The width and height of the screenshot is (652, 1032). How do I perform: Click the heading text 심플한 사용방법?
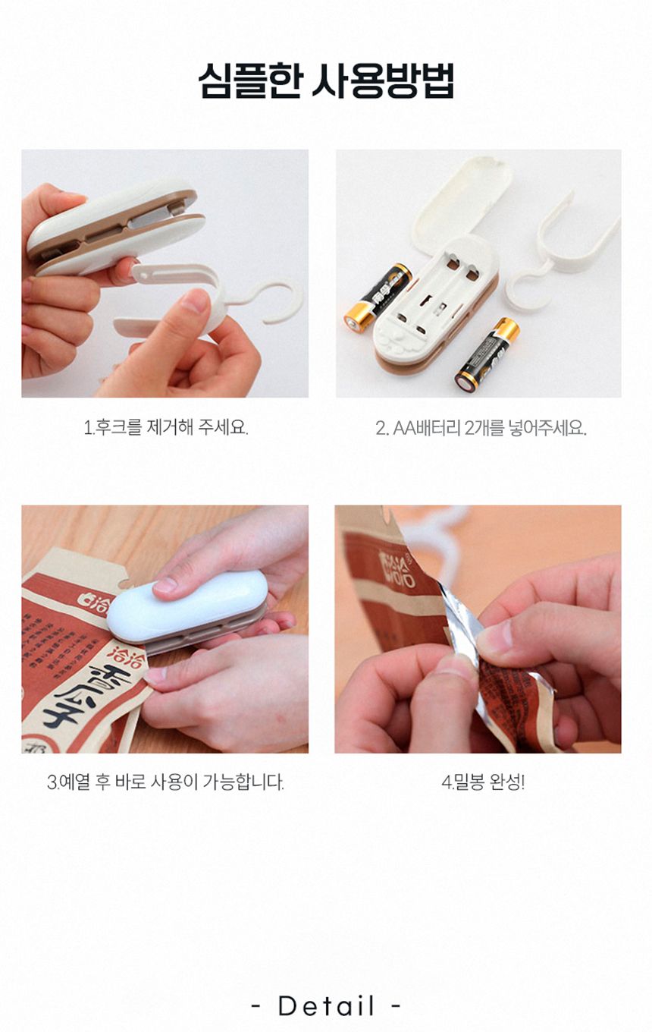[326, 81]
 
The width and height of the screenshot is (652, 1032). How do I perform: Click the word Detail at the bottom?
[326, 1006]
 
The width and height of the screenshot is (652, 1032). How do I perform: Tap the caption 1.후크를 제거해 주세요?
[165, 427]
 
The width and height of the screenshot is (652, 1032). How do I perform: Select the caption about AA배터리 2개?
[481, 428]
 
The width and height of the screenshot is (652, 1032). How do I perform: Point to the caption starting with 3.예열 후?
[165, 782]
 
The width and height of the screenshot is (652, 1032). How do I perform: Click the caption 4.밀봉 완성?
[483, 782]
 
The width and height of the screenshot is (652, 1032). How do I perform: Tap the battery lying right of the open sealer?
[486, 353]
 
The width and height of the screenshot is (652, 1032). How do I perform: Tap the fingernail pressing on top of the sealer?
[166, 585]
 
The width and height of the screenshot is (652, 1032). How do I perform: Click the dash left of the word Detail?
[256, 1007]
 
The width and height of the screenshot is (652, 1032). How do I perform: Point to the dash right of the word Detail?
[396, 1007]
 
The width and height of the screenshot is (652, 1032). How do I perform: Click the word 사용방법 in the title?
[382, 81]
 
